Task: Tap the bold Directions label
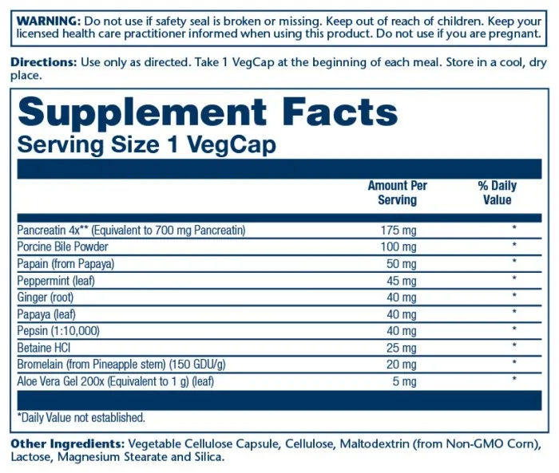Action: [x=43, y=62]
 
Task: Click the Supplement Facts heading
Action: [x=208, y=112]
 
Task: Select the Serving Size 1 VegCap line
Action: [x=147, y=144]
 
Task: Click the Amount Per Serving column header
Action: [x=398, y=193]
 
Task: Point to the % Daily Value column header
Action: [x=498, y=193]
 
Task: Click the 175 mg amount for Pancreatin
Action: [x=398, y=231]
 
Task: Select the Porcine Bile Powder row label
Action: [x=63, y=246]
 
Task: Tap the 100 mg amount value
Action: [x=398, y=246]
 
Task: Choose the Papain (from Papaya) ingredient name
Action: [x=66, y=264]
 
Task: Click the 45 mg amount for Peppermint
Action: [x=402, y=281]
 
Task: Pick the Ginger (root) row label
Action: [x=46, y=298]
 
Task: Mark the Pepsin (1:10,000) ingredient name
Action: [x=58, y=331]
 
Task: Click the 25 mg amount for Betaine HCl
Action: [x=402, y=348]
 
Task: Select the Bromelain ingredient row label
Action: [x=121, y=365]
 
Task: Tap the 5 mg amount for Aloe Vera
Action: [x=404, y=382]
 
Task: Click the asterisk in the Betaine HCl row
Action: [x=514, y=345]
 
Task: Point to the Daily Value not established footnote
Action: [x=81, y=417]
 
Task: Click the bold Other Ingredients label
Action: [x=68, y=444]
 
